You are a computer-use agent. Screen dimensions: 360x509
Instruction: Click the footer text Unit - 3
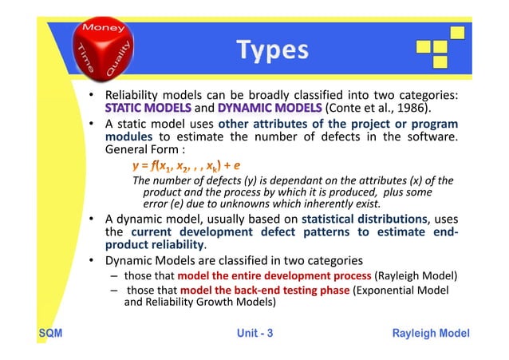coord(254,334)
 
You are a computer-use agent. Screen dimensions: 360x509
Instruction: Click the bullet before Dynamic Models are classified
coord(93,261)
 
